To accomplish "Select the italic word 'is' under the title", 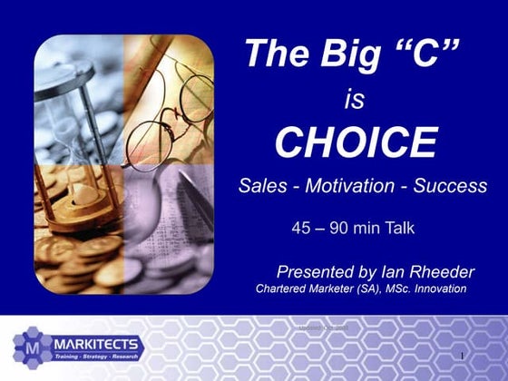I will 354,100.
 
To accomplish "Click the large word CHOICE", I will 356,143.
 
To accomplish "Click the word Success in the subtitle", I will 450,186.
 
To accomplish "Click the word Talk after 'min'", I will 396,229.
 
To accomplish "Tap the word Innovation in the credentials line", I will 435,288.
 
